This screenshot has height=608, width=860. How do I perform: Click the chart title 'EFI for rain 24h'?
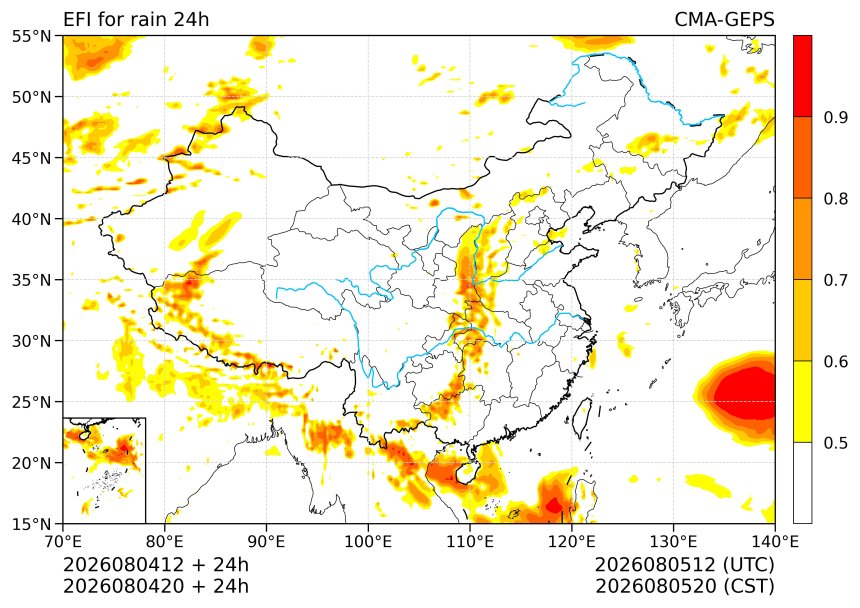136,20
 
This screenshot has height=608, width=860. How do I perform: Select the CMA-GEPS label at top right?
725,20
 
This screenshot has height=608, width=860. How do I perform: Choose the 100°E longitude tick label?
368,542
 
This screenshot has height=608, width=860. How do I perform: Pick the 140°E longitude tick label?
774,542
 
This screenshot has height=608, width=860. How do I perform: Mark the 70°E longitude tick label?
63,542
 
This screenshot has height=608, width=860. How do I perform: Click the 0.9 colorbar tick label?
836,117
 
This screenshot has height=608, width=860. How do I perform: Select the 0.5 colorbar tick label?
836,442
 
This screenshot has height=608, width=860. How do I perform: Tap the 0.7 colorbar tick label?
836,280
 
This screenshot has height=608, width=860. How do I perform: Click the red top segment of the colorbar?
802,76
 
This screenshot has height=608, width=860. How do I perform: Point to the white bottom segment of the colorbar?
802,483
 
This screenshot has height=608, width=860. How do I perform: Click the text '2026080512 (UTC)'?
684,565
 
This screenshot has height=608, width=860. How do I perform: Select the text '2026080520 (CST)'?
684,586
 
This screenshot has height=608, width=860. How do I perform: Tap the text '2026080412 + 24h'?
156,565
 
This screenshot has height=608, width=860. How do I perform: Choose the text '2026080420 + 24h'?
156,586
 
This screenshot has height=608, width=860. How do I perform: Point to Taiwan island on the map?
582,418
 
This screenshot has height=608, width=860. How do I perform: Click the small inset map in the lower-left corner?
104,470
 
